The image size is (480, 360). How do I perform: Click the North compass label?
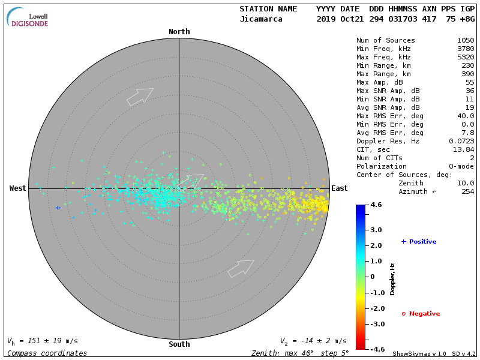coord(179,32)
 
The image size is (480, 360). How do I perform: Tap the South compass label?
coord(179,344)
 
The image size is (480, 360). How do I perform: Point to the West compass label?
coord(18,188)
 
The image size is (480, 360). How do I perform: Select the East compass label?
coord(339,188)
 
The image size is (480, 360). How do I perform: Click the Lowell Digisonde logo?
coord(29,18)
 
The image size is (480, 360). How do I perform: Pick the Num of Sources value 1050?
coord(465,40)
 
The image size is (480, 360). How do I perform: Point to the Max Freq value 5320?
coord(465,57)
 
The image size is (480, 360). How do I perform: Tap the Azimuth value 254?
coord(467,191)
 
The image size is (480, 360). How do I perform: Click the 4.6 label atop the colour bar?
coord(376,205)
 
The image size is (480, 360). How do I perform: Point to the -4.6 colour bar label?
coord(376,349)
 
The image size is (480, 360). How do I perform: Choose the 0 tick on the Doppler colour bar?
coord(373,277)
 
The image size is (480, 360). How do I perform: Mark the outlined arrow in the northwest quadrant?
coord(140,97)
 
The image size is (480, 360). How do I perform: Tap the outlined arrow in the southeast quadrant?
coord(241,268)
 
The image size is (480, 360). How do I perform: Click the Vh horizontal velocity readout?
coord(43,341)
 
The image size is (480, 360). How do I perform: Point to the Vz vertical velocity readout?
coord(313,341)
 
